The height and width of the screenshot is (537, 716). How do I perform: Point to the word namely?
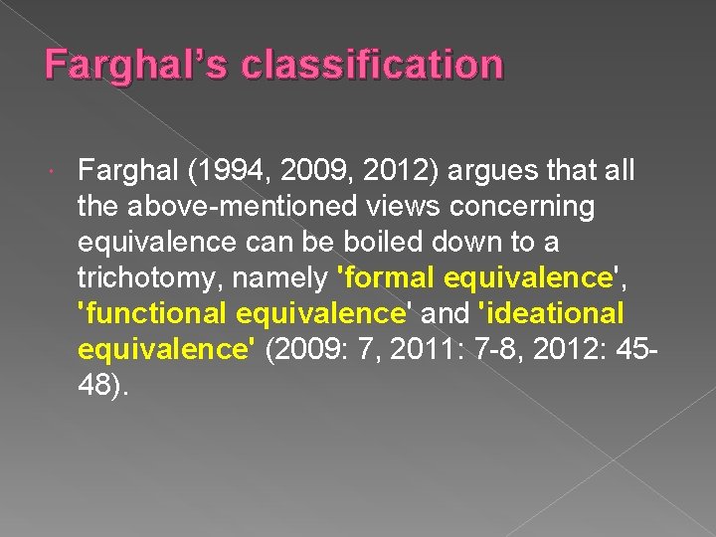(x=281, y=277)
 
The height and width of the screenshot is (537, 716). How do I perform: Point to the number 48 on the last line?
(x=95, y=385)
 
